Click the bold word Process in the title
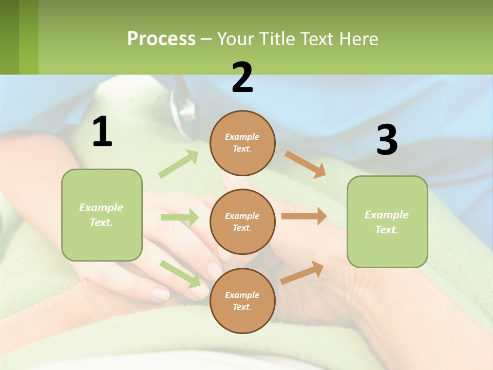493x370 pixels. pyautogui.click(x=161, y=39)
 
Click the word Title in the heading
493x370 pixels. pyautogui.click(x=276, y=39)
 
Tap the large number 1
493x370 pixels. pyautogui.click(x=102, y=132)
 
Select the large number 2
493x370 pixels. pyautogui.click(x=242, y=78)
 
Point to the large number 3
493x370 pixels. pyautogui.click(x=387, y=140)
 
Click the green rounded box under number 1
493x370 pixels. pyautogui.click(x=102, y=215)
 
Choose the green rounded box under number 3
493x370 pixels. pyautogui.click(x=387, y=221)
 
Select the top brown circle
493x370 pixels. pyautogui.click(x=242, y=143)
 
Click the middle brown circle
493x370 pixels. pyautogui.click(x=242, y=221)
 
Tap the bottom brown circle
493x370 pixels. pyautogui.click(x=242, y=301)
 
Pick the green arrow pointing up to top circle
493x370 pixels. pyautogui.click(x=179, y=164)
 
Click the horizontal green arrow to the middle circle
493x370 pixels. pyautogui.click(x=180, y=217)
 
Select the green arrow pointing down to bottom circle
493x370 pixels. pyautogui.click(x=180, y=273)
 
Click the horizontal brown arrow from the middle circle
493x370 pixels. pyautogui.click(x=304, y=216)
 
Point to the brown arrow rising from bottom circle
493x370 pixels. pyautogui.click(x=302, y=272)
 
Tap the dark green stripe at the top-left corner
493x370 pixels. pyautogui.click(x=9, y=37)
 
